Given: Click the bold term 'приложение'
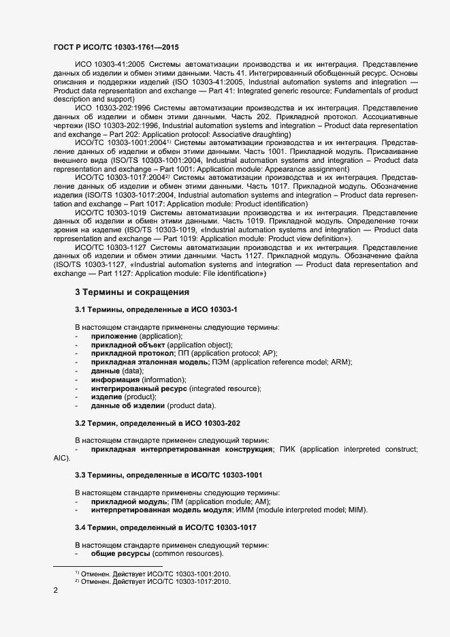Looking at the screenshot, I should pyautogui.click(x=114, y=337).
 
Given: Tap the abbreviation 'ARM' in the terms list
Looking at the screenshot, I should pyautogui.click(x=340, y=362).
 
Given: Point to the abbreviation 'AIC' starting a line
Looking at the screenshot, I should pyautogui.click(x=60, y=459).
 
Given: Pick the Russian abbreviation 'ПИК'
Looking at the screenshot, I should pyautogui.click(x=287, y=450).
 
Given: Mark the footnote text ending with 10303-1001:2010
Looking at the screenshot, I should pyautogui.click(x=153, y=574).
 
